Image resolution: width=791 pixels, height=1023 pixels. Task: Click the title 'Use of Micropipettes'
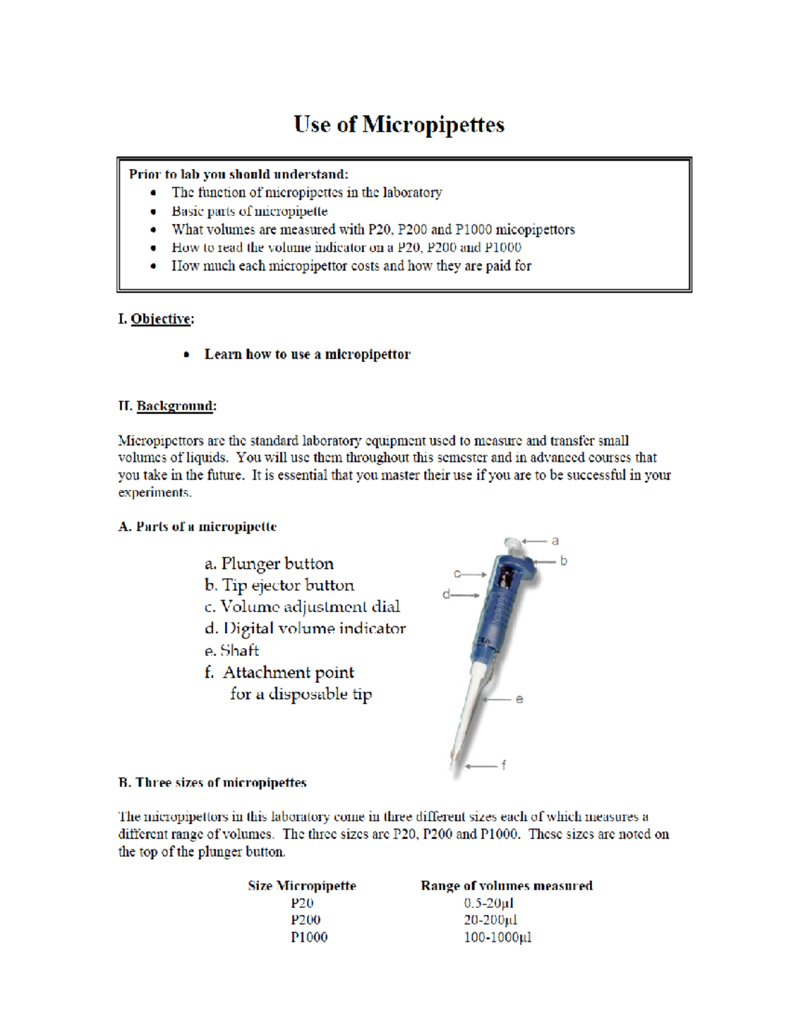(x=399, y=124)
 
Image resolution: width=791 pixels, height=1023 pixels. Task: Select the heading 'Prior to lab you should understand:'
(x=238, y=175)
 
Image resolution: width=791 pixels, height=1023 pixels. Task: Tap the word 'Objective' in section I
(x=161, y=319)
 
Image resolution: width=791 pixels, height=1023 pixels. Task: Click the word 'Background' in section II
(x=175, y=406)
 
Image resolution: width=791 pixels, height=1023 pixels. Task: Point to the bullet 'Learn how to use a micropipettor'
(x=307, y=354)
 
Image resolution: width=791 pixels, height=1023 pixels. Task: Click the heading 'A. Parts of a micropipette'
(x=197, y=527)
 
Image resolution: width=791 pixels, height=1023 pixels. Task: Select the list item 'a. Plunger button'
(x=269, y=564)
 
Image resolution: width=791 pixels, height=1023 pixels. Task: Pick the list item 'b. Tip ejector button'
(x=279, y=586)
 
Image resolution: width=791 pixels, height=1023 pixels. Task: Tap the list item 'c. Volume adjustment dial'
(x=302, y=607)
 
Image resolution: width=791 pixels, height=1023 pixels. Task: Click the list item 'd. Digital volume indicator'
(x=305, y=628)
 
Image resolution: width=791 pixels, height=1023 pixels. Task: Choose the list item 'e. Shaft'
(x=231, y=651)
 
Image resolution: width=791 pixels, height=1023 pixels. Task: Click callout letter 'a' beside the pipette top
(x=555, y=541)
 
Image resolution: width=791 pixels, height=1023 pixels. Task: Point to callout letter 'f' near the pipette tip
(x=504, y=765)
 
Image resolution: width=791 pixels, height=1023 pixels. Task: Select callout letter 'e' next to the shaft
(x=519, y=699)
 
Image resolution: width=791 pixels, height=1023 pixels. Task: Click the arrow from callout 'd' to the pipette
(x=466, y=595)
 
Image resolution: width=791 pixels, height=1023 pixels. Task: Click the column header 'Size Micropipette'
(x=302, y=886)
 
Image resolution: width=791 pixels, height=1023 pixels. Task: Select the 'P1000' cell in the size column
(x=308, y=937)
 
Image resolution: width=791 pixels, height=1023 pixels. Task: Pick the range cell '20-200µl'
(x=490, y=920)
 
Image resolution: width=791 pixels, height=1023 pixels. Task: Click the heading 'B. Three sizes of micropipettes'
(x=212, y=783)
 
